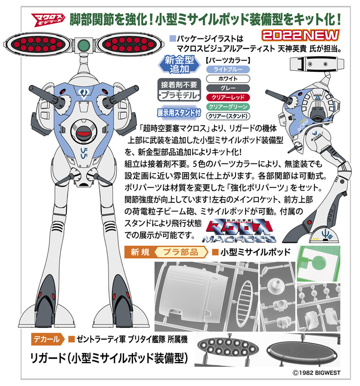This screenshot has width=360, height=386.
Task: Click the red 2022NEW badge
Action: pyautogui.click(x=300, y=36)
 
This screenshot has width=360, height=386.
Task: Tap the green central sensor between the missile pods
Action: pyautogui.click(x=84, y=45)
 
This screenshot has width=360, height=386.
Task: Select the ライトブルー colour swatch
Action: pyautogui.click(x=228, y=70)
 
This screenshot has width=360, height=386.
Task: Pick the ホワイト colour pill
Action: pyautogui.click(x=228, y=79)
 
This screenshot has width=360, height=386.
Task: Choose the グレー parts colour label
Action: pyautogui.click(x=228, y=88)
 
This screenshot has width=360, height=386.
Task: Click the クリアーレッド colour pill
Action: pyautogui.click(x=228, y=97)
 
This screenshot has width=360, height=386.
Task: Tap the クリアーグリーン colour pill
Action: pyautogui.click(x=228, y=107)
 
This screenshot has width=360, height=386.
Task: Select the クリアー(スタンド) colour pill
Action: pyautogui.click(x=228, y=116)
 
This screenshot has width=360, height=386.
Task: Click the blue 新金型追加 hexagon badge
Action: pyautogui.click(x=179, y=64)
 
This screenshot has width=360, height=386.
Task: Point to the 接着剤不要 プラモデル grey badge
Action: pyautogui.click(x=179, y=90)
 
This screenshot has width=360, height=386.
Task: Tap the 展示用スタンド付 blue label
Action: pyautogui.click(x=179, y=113)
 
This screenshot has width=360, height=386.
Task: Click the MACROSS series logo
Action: pyautogui.click(x=239, y=231)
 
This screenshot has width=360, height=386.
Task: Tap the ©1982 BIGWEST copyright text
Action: pyautogui.click(x=316, y=373)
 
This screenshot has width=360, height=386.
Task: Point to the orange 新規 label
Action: pyautogui.click(x=140, y=252)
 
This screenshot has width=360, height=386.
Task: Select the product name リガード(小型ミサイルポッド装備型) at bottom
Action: pyautogui.click(x=109, y=358)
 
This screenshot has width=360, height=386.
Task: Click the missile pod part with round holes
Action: pyautogui.click(x=228, y=347)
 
